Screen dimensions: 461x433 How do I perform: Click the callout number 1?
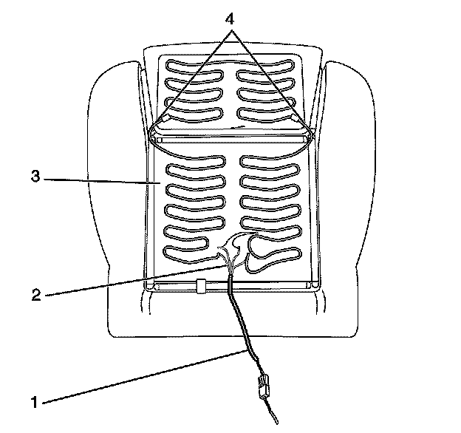(x=33, y=403)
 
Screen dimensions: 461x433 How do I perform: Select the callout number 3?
(x=34, y=177)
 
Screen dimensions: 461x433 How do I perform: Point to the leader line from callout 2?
(x=133, y=277)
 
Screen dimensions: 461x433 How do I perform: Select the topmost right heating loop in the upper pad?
(x=262, y=64)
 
